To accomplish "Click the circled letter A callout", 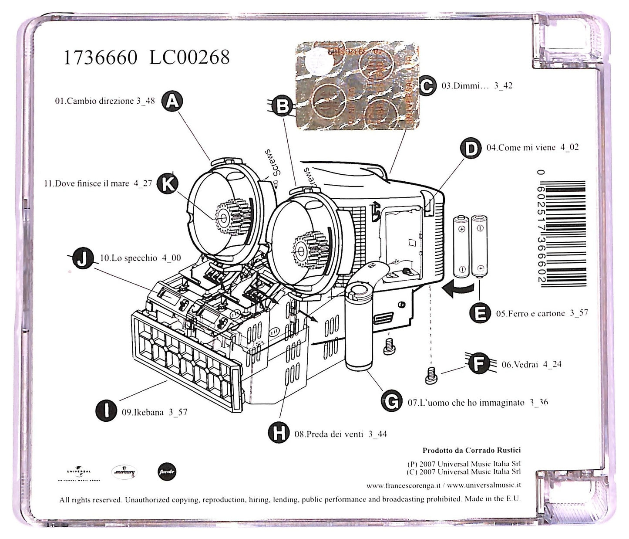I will [172, 102].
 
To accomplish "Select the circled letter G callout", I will [391, 401].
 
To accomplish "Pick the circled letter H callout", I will [279, 433].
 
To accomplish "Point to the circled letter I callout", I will [106, 411].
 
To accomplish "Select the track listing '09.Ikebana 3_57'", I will [155, 412].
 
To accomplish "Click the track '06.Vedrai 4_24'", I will [531, 364].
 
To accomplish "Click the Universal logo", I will [79, 472].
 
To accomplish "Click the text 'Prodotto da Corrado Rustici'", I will [471, 450].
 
